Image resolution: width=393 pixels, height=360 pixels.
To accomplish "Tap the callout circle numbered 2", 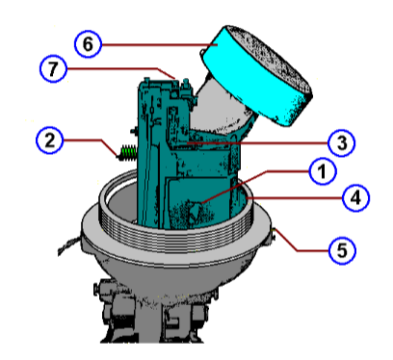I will (x=51, y=141).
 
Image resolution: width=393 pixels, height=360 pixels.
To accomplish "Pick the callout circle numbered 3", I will (x=339, y=141).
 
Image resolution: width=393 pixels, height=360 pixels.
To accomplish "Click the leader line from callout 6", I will (x=154, y=44).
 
